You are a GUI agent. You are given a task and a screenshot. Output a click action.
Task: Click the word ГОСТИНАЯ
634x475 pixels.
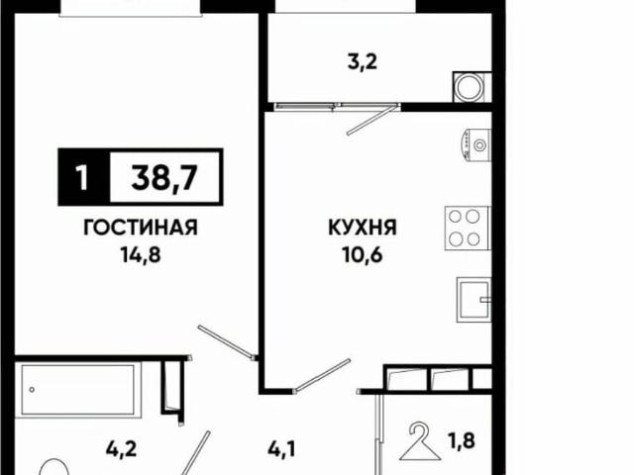coord(139,227)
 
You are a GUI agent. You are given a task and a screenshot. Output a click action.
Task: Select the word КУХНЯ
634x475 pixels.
coord(363,228)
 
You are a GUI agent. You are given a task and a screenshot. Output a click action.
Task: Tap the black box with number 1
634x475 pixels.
coord(80,178)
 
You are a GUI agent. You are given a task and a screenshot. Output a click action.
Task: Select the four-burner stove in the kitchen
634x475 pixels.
coord(467,228)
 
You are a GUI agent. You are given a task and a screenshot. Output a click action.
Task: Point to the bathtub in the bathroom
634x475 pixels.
coord(77,384)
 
